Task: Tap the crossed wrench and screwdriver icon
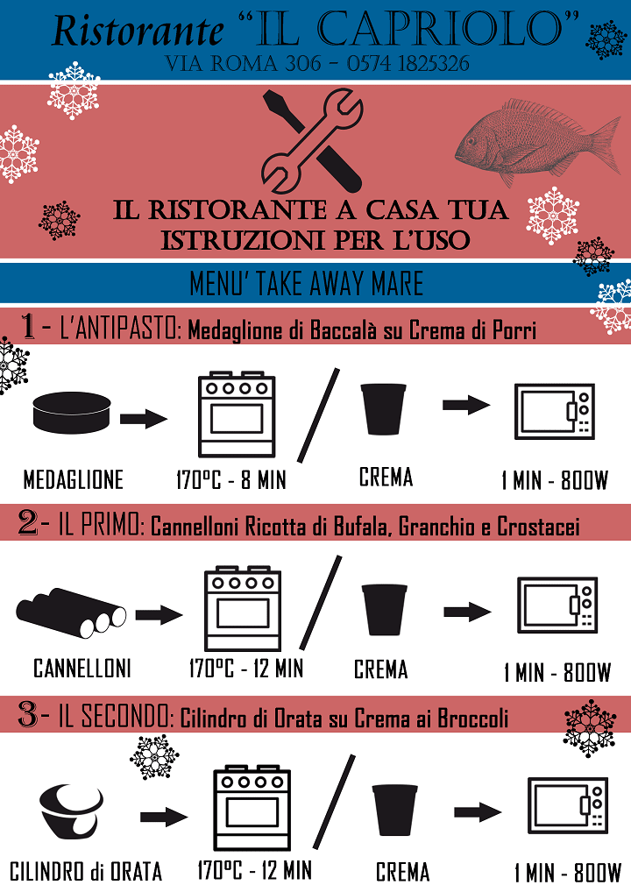click(x=312, y=140)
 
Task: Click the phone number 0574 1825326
click(x=408, y=64)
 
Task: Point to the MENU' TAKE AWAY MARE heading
click(x=306, y=283)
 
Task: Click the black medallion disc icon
click(x=72, y=413)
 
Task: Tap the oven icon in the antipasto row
click(x=237, y=414)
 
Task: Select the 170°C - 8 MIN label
click(x=231, y=480)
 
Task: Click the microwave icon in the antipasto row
click(x=554, y=411)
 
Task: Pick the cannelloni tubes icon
click(x=71, y=612)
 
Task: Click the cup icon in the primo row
click(x=385, y=609)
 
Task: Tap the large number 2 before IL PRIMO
click(x=27, y=522)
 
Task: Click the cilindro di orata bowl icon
click(x=72, y=811)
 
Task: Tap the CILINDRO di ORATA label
click(x=86, y=872)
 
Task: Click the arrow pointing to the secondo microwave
click(x=478, y=812)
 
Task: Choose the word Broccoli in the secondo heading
click(x=473, y=719)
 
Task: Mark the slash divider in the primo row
click(x=321, y=603)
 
